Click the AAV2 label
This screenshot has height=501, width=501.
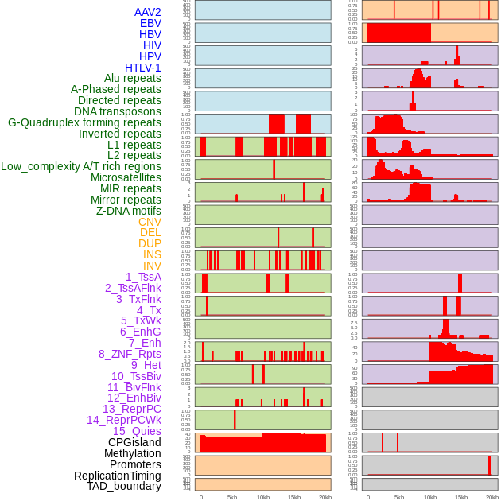tap(147, 12)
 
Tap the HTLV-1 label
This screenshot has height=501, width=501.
tap(142, 68)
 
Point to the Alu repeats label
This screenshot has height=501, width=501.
tap(132, 78)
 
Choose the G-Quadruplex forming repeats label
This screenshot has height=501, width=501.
tap(84, 122)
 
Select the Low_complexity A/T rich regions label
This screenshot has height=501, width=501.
tap(80, 166)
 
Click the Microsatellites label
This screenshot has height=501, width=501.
tap(126, 177)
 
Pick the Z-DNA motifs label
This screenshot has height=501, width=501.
tap(128, 211)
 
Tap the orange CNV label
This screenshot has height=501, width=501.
tap(150, 222)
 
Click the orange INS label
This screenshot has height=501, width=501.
tap(152, 254)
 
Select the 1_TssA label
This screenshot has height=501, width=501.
tap(143, 277)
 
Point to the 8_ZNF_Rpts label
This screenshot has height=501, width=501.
tap(130, 354)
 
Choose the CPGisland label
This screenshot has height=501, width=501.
tap(134, 442)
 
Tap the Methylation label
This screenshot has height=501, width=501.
tap(132, 453)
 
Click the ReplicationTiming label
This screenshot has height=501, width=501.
tap(117, 476)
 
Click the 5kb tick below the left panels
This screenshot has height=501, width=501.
tap(232, 497)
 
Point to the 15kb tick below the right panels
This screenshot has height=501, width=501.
tap(461, 497)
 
